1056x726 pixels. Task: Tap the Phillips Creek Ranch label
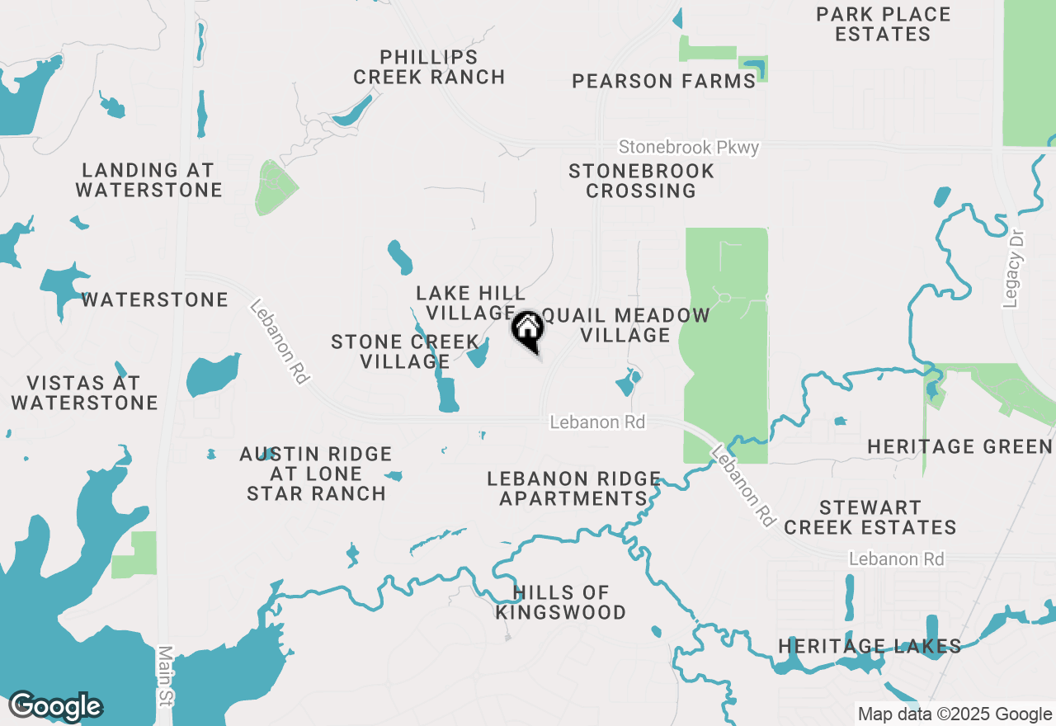[429, 68]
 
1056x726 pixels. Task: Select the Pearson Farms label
[664, 81]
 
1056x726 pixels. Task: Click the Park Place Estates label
[883, 25]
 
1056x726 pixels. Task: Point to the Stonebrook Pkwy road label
[689, 148]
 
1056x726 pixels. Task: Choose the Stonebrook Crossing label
[641, 181]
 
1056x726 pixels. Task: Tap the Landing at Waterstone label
[148, 181]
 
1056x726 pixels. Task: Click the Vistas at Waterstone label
[84, 393]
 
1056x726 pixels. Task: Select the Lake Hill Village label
[470, 303]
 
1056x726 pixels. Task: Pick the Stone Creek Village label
[404, 351]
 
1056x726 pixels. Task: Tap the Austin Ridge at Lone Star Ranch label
[316, 474]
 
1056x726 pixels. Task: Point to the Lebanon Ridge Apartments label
[573, 488]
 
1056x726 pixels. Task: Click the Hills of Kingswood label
[560, 602]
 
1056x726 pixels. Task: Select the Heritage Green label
[959, 447]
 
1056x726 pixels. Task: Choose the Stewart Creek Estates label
[870, 517]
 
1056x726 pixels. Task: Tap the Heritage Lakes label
[870, 646]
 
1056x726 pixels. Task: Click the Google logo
[55, 706]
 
